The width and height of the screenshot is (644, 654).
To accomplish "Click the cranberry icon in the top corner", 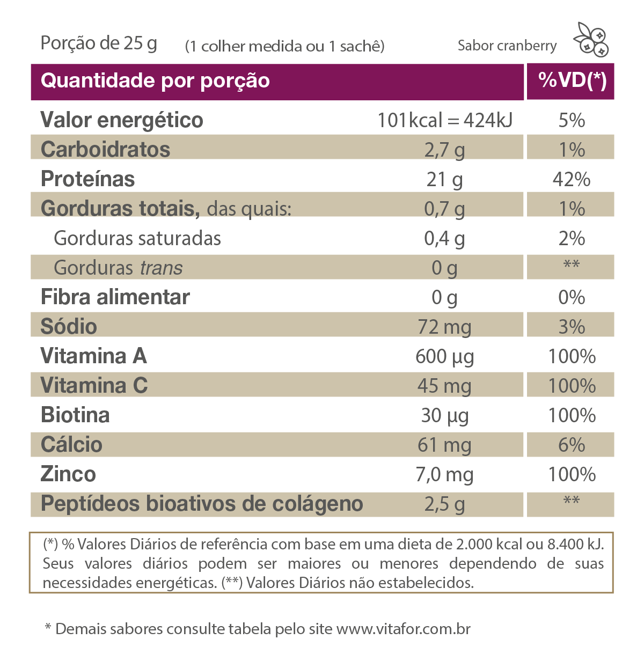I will pyautogui.click(x=591, y=39).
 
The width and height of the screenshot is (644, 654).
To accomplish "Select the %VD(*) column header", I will pyautogui.click(x=572, y=81).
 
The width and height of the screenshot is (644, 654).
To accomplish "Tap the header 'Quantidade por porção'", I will pyautogui.click(x=155, y=81).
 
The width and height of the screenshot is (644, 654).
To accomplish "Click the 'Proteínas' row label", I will pyautogui.click(x=88, y=179).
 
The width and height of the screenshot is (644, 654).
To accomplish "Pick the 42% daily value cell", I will pyautogui.click(x=572, y=179).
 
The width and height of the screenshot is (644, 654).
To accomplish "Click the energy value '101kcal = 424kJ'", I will pyautogui.click(x=444, y=120).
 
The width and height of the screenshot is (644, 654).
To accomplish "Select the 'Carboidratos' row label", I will pyautogui.click(x=106, y=150).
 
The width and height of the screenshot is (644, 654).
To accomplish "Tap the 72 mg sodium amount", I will pyautogui.click(x=444, y=327).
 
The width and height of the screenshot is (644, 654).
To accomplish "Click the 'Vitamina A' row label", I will pyautogui.click(x=94, y=356).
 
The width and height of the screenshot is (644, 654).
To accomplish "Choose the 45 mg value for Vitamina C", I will pyautogui.click(x=444, y=386).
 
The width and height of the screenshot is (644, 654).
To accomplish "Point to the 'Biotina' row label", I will pyautogui.click(x=76, y=415).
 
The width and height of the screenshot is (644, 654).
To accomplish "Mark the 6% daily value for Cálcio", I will pyautogui.click(x=572, y=445).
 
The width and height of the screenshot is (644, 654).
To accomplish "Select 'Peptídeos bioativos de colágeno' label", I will pyautogui.click(x=202, y=504).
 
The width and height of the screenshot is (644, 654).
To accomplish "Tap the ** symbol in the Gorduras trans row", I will pyautogui.click(x=571, y=265).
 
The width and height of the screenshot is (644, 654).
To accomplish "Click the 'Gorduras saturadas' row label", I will pyautogui.click(x=137, y=238).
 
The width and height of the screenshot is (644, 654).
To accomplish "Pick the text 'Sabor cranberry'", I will pyautogui.click(x=507, y=46).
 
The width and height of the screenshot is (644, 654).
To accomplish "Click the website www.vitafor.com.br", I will pyautogui.click(x=404, y=629).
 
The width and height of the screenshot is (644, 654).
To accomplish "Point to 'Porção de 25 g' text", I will pyautogui.click(x=99, y=43).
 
